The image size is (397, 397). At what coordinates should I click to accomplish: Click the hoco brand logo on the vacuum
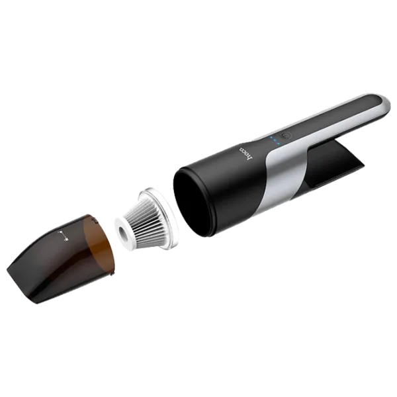click(246, 154)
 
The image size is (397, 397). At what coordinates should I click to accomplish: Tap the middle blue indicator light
click(275, 141)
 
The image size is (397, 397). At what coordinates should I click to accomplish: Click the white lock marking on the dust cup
click(63, 236)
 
